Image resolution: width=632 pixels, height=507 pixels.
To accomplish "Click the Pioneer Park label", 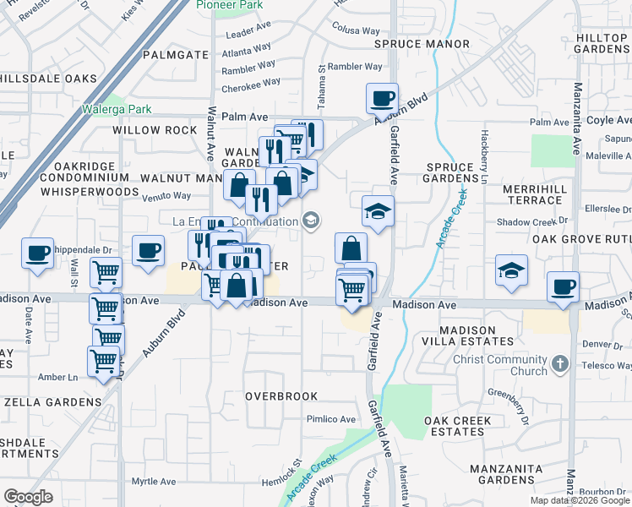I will [230, 5].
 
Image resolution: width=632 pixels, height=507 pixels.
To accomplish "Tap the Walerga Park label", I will [117, 109].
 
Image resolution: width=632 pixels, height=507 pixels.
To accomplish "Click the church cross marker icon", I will [558, 365].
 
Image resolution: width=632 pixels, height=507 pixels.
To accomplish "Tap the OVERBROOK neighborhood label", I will [281, 395].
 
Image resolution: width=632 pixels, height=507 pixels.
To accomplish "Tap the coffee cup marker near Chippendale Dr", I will [38, 253].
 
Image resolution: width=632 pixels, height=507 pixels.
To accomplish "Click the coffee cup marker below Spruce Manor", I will [383, 98].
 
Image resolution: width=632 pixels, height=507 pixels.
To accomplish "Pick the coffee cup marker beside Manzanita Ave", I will [563, 286].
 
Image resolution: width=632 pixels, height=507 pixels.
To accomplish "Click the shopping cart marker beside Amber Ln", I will [104, 361].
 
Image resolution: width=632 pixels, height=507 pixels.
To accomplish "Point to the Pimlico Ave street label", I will [330, 419].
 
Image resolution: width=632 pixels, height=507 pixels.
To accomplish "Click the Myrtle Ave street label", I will [155, 482].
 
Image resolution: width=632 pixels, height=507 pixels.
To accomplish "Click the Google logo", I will [29, 497].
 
